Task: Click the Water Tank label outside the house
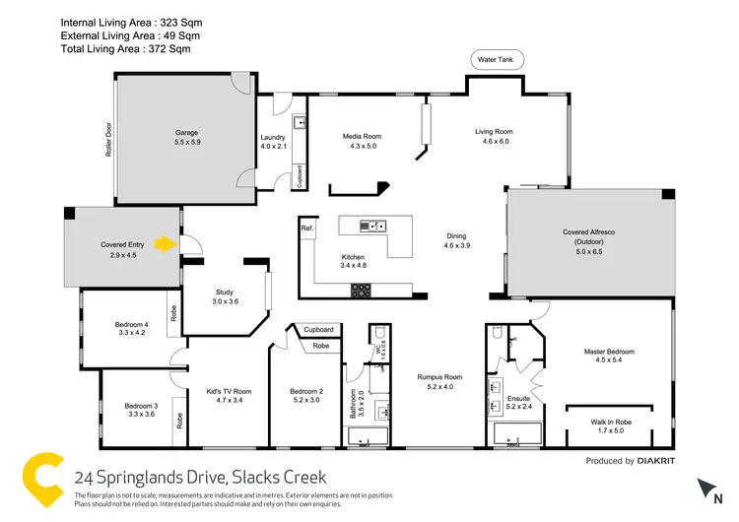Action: click(x=498, y=60)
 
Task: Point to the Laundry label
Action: click(x=272, y=138)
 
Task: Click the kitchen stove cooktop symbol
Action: click(x=362, y=290)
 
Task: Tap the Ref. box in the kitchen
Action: click(x=307, y=228)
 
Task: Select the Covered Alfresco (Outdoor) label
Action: click(x=588, y=236)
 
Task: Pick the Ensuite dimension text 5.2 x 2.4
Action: click(x=518, y=407)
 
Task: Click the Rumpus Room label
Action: click(x=438, y=377)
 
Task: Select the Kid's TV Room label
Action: click(x=228, y=391)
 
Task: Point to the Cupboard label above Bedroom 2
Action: click(x=318, y=329)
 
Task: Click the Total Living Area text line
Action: click(x=125, y=47)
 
